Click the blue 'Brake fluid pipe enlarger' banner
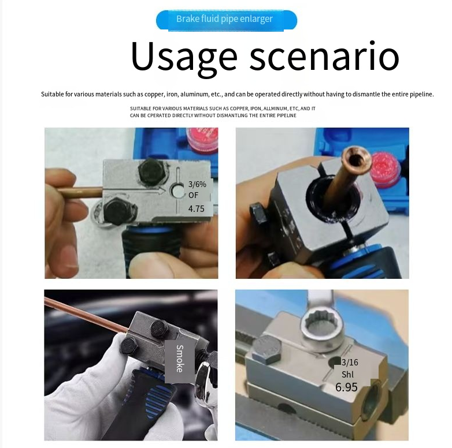coord(226,20)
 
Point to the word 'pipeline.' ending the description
coord(422,94)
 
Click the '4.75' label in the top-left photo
coord(197,208)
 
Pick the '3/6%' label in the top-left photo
coord(197,184)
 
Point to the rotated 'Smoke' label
coord(180,359)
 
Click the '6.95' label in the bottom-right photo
coord(346,387)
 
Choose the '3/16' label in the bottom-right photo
coord(350,362)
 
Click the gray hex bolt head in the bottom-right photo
coord(266,349)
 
